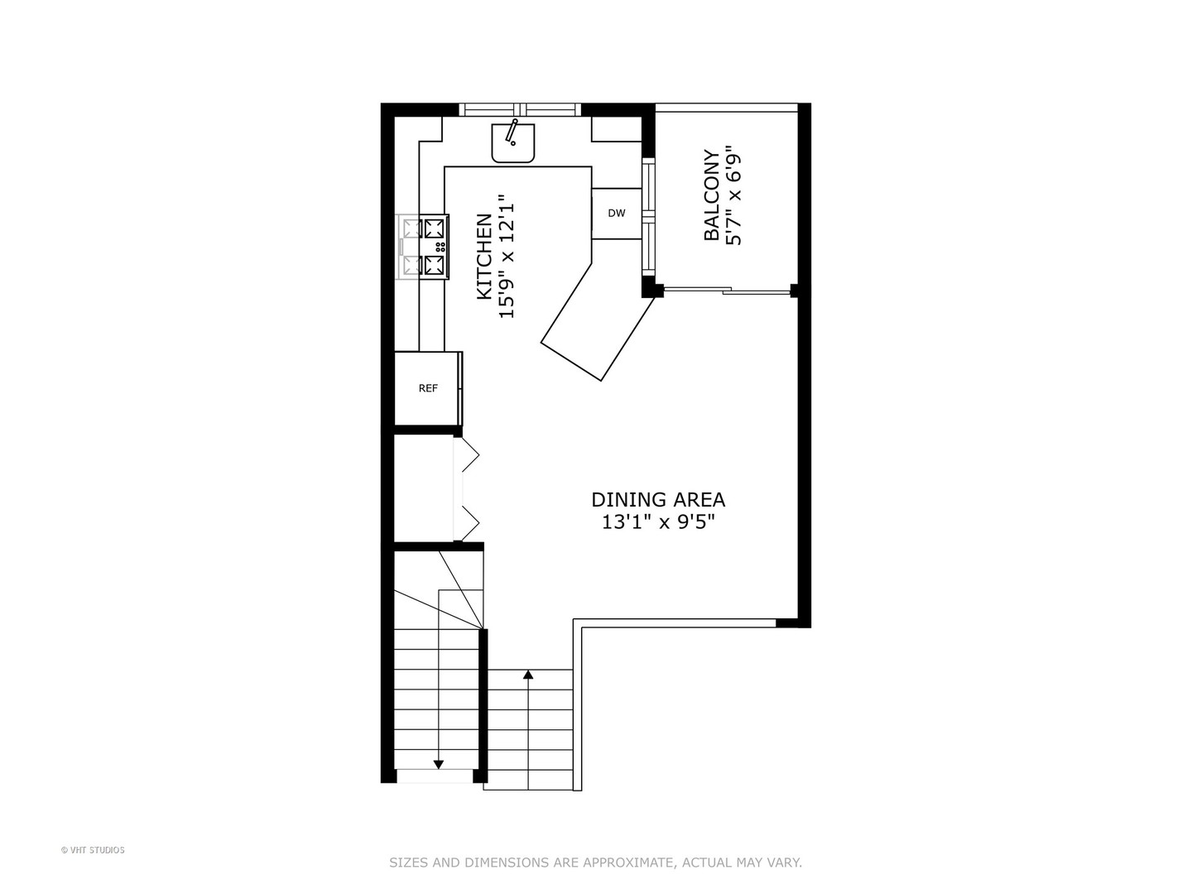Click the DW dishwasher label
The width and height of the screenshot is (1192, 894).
tap(617, 214)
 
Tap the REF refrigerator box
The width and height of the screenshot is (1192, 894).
tap(427, 388)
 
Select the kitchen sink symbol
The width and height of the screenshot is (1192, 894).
tap(513, 143)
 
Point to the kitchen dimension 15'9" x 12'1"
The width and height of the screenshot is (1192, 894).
tap(507, 257)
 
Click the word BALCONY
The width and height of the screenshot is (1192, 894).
tap(711, 195)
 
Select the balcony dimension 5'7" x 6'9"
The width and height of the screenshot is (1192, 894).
tap(733, 195)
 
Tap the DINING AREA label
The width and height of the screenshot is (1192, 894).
tap(658, 500)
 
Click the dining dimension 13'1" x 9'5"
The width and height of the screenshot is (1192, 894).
tap(658, 522)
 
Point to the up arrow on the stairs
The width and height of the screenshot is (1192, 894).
tap(528, 675)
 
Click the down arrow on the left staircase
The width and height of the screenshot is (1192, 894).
tap(438, 763)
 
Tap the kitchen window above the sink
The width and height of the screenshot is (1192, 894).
tap(520, 109)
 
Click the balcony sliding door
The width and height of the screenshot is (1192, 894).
tap(727, 291)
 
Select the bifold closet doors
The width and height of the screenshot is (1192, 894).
tap(467, 488)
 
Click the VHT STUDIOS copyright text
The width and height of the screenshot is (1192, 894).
tap(93, 850)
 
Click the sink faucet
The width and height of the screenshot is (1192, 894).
tap(512, 131)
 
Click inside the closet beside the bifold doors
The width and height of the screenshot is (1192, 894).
tap(423, 488)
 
